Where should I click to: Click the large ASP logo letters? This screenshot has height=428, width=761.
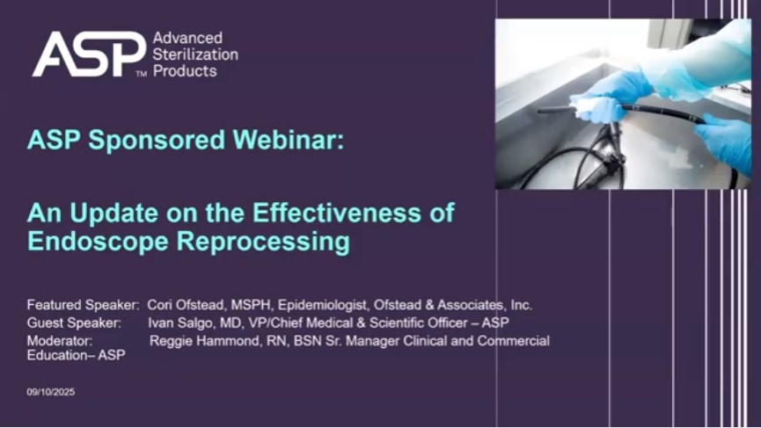coord(90,54)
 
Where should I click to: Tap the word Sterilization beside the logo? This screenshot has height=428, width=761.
coord(195,54)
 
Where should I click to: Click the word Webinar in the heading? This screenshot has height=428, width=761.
coord(289,140)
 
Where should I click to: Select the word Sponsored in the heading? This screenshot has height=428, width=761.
coord(157,141)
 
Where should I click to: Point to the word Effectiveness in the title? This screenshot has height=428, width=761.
coord(336,213)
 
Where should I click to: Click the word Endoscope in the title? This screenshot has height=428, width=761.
coord(98,242)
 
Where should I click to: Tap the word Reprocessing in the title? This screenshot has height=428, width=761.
coord(262,242)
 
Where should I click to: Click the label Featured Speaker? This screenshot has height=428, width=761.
coord(83,305)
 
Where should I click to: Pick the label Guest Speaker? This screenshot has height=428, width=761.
coord(74,323)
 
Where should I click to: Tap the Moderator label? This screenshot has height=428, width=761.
coord(60,341)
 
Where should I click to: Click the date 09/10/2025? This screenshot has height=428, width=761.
coord(51,392)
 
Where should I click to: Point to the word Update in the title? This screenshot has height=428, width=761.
coord(114,214)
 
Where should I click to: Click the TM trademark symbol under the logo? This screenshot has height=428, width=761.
coord(142,74)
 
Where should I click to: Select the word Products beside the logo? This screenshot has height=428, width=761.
coord(185,71)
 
